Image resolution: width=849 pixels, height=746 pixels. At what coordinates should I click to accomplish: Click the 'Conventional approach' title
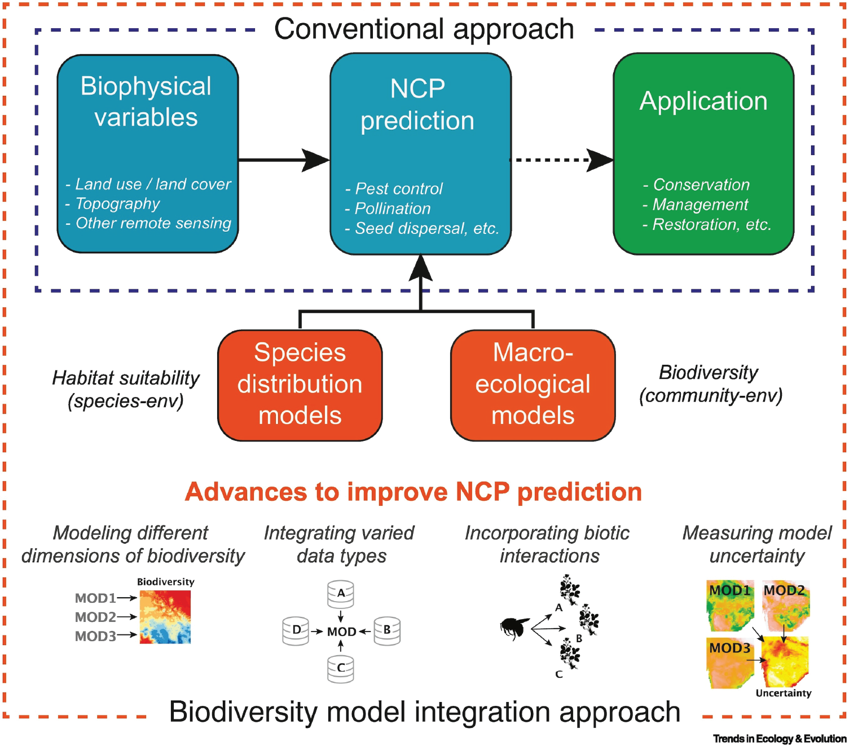coord(424,29)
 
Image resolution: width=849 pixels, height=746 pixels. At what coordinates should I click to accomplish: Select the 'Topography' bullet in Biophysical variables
coord(117,204)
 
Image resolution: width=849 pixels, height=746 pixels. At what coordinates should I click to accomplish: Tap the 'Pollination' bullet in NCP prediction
coord(392,209)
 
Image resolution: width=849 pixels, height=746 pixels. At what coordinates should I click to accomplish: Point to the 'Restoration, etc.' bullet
coord(711,224)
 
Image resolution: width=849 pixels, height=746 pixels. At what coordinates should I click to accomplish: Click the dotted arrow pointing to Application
coord(558,160)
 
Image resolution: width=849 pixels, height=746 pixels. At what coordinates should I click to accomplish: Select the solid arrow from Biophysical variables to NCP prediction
coord(282,160)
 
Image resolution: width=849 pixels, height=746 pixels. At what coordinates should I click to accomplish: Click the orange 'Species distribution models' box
coord(300,385)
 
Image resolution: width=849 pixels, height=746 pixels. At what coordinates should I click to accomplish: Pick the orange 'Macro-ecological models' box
coord(533,385)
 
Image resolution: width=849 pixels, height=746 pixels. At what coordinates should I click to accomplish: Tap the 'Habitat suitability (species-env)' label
coord(126,389)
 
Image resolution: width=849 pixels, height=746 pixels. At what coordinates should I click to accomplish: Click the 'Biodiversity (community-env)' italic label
coord(710,384)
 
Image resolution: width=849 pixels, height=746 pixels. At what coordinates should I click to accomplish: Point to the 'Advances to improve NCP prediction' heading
coord(413,492)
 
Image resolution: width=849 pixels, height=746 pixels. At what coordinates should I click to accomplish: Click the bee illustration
coord(514,628)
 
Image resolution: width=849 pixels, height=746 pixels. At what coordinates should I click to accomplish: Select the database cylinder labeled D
coord(296,630)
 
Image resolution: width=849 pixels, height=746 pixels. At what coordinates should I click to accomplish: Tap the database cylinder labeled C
coord(341,669)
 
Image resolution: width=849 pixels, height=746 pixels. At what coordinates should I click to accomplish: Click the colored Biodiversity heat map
coord(165,616)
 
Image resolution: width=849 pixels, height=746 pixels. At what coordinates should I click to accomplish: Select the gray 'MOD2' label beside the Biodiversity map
coord(95,617)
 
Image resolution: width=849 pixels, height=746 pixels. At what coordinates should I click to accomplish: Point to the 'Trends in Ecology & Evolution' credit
coord(780,739)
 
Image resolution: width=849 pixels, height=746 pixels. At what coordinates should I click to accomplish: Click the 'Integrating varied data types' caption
coord(340,544)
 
